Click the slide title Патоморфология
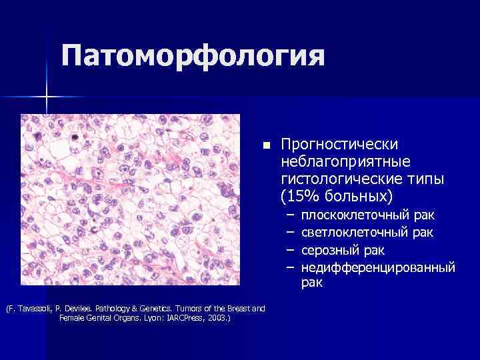193,56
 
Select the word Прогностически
340,145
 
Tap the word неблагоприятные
346,162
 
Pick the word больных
360,197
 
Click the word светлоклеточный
355,233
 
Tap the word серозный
329,250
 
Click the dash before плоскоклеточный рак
290,215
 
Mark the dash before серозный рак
290,250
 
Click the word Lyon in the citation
143,318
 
